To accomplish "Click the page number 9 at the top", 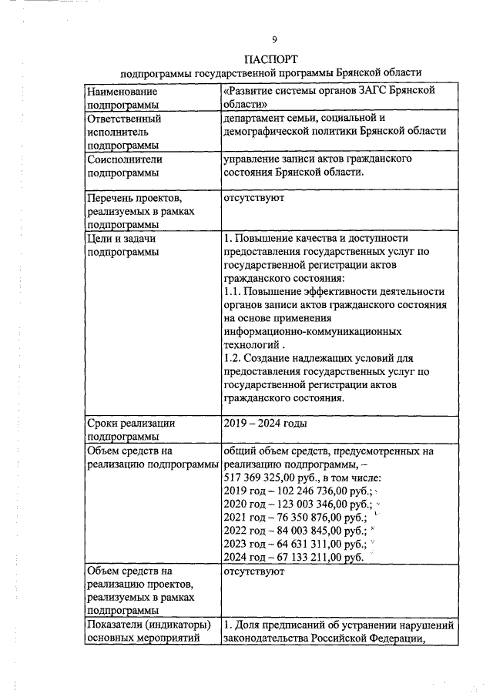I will pyautogui.click(x=274, y=39).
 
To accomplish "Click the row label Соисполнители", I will pyautogui.click(x=125, y=159).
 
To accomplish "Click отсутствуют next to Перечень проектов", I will pyautogui.click(x=253, y=198).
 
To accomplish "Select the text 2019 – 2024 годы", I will pyautogui.click(x=265, y=423).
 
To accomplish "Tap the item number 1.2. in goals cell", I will pyautogui.click(x=233, y=359).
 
